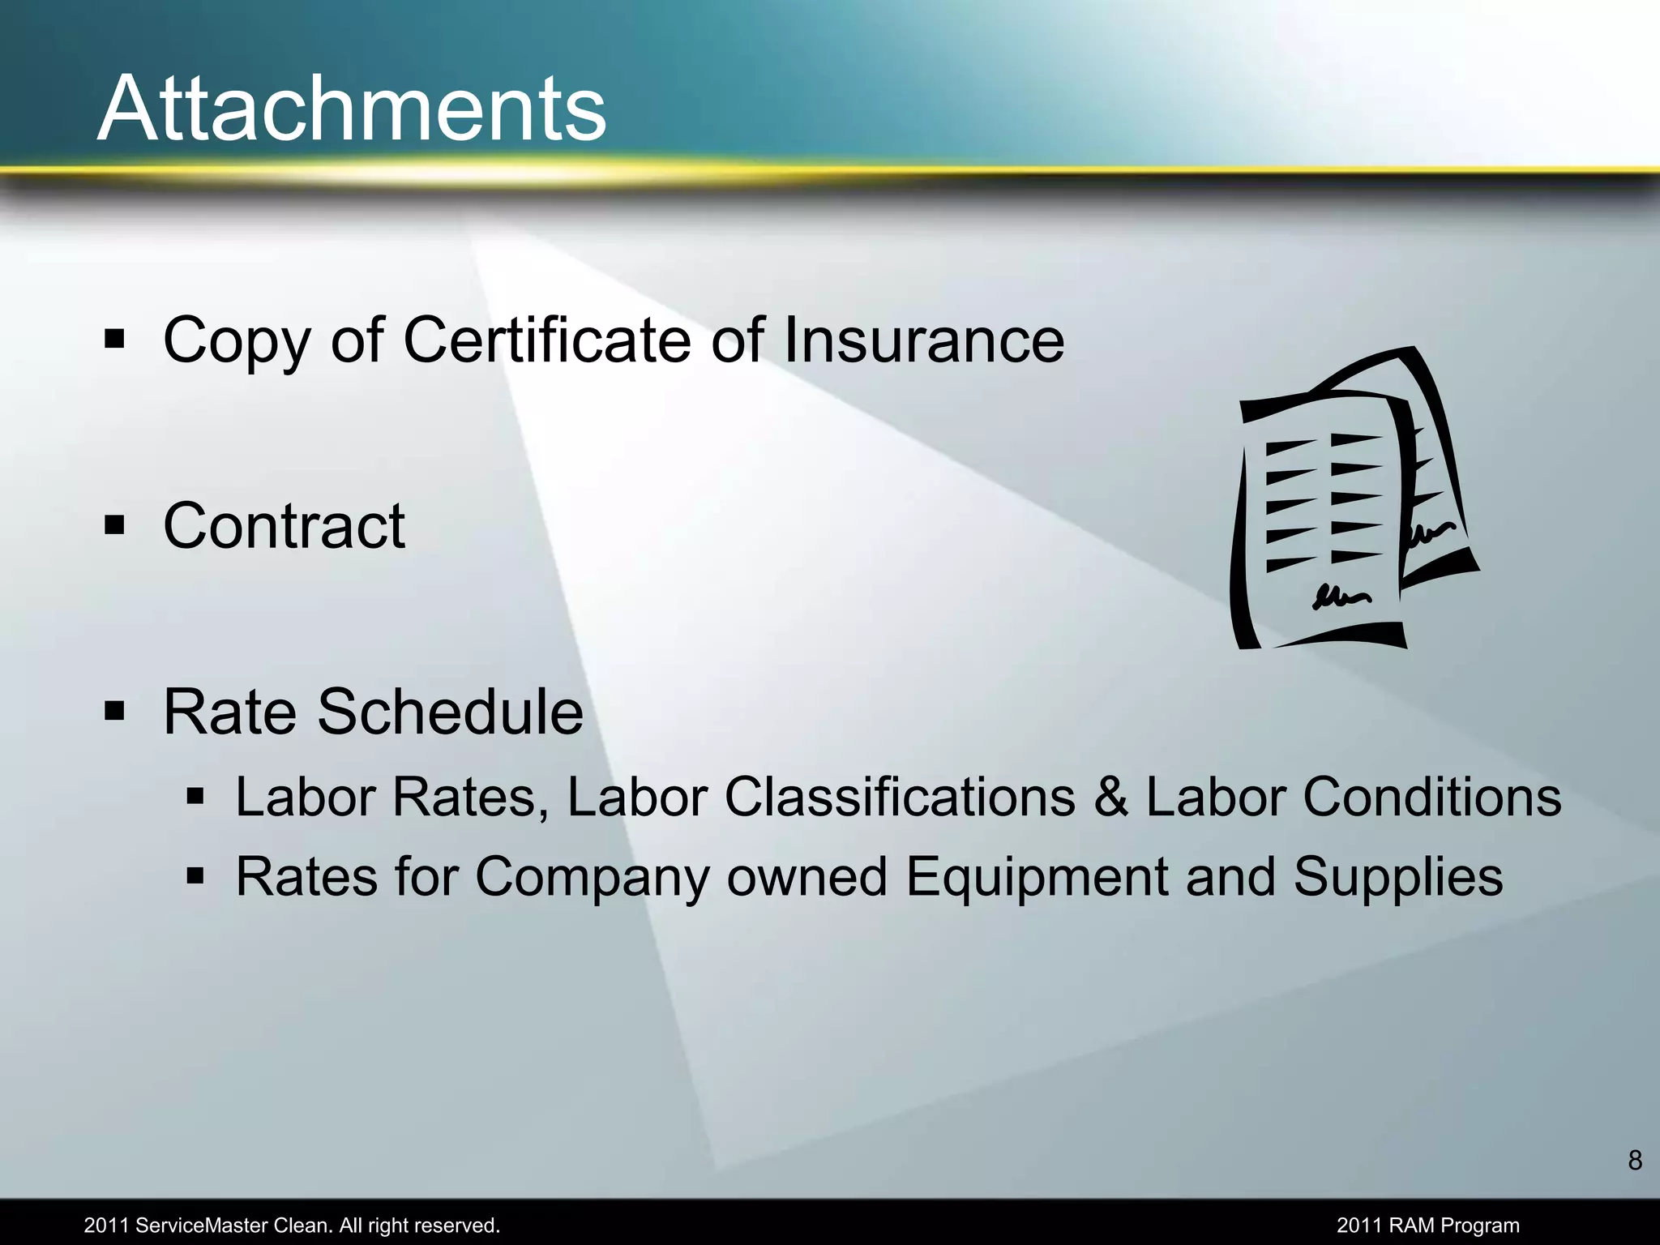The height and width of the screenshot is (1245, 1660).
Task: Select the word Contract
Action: point(284,526)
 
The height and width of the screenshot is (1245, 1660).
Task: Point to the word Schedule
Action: point(450,712)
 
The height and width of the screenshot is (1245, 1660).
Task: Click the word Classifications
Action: point(900,797)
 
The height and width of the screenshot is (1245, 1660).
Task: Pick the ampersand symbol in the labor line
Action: point(1110,798)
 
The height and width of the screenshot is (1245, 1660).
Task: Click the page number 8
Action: point(1635,1161)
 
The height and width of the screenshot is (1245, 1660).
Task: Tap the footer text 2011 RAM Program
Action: point(1428,1226)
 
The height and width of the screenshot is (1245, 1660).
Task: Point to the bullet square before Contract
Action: point(114,526)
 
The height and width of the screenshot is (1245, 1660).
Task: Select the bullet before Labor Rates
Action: point(195,797)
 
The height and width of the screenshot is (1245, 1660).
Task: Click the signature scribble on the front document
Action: point(1341,598)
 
